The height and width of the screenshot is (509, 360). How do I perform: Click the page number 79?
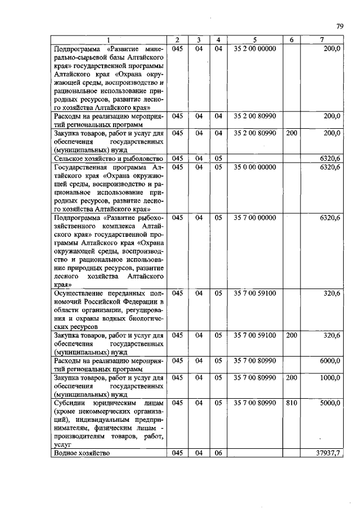[340, 26]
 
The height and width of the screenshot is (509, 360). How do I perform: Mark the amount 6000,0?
[330, 361]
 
